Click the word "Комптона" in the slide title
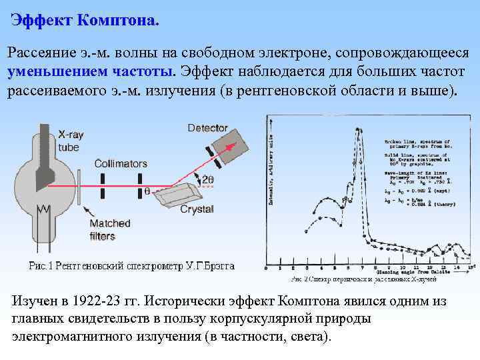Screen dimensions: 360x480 [117, 20]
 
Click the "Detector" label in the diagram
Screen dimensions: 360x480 [207, 127]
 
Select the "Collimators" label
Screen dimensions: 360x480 [121, 163]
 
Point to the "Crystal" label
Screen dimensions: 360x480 [197, 209]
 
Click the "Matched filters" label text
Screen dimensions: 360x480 [110, 229]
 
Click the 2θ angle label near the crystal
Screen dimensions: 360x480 [207, 179]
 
